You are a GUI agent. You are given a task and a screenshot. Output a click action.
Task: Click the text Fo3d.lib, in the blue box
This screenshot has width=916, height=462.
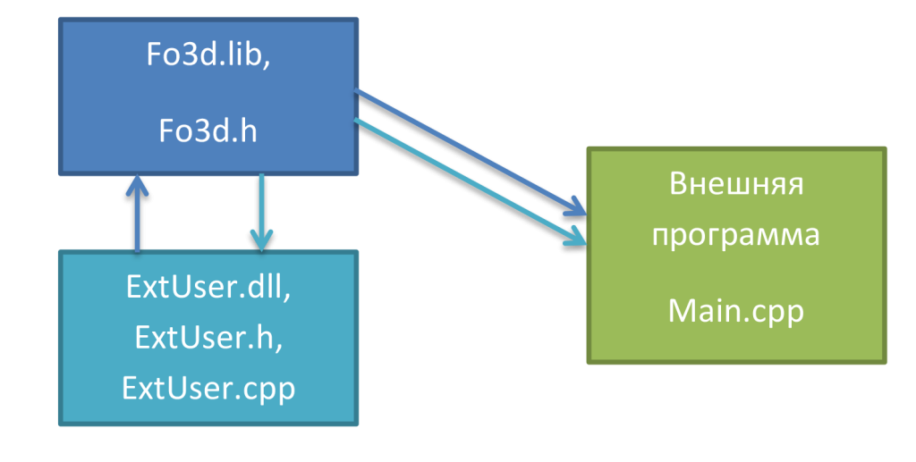[208, 55]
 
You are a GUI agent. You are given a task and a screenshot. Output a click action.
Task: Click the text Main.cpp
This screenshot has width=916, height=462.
[736, 312]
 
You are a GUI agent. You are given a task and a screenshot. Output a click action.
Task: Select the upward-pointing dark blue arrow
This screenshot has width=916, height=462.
[137, 219]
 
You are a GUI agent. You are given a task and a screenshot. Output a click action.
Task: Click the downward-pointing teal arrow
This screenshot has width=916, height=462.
[261, 210]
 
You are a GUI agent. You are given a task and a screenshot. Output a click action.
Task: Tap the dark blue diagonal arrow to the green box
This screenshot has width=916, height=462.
[465, 151]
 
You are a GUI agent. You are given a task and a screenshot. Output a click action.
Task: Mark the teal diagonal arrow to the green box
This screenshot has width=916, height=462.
[465, 179]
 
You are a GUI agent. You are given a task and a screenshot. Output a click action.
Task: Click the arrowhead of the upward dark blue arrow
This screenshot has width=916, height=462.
[137, 185]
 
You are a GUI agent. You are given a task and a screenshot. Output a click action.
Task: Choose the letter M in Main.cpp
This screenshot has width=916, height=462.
[683, 312]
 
